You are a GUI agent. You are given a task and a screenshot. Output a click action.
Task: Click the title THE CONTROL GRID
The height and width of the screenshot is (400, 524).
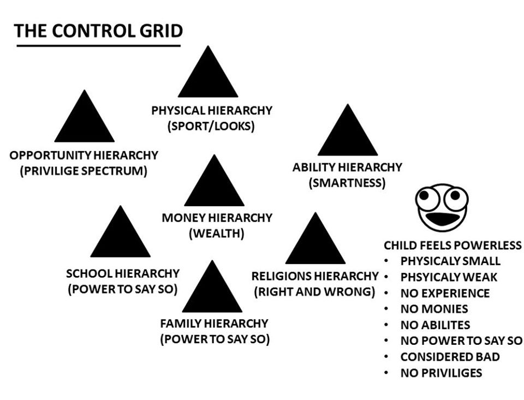[98, 31]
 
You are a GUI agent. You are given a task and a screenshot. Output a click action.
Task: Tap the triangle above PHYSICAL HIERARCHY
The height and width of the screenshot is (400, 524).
[208, 76]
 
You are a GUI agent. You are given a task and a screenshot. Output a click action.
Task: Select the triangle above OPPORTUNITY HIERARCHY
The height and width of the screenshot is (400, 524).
[84, 121]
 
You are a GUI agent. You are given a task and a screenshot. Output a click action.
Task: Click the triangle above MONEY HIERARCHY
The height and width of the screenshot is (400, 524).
[214, 186]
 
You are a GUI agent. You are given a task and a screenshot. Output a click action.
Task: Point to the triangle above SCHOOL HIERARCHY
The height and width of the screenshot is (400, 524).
[120, 236]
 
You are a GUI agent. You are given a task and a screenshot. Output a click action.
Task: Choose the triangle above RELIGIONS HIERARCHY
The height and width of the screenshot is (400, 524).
[315, 243]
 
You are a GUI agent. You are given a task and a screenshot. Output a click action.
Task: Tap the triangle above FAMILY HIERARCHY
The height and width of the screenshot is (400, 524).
[212, 291]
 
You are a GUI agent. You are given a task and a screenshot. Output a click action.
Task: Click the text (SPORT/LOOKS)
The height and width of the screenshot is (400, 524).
[211, 127]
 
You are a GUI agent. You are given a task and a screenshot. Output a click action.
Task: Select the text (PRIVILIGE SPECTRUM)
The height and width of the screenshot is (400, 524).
[84, 171]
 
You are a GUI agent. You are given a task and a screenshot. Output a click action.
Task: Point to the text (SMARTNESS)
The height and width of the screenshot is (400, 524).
[347, 183]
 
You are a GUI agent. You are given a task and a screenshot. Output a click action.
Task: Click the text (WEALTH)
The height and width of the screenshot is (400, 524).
[216, 234]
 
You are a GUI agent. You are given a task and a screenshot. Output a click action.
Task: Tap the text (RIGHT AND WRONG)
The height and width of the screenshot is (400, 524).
[314, 291]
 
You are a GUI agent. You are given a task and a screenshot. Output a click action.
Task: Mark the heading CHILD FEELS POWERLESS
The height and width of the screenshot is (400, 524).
[452, 245]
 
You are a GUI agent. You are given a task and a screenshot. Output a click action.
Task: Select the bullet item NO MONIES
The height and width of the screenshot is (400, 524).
[434, 309]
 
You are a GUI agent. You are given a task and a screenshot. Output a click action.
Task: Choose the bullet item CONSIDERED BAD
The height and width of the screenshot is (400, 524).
[450, 357]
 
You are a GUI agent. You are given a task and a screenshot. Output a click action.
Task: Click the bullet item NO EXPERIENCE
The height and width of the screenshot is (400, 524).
[445, 293]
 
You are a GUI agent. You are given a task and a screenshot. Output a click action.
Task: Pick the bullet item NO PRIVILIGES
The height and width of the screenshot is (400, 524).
[441, 373]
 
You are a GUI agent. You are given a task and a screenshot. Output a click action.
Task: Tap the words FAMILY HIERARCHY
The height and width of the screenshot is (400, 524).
[214, 323]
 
